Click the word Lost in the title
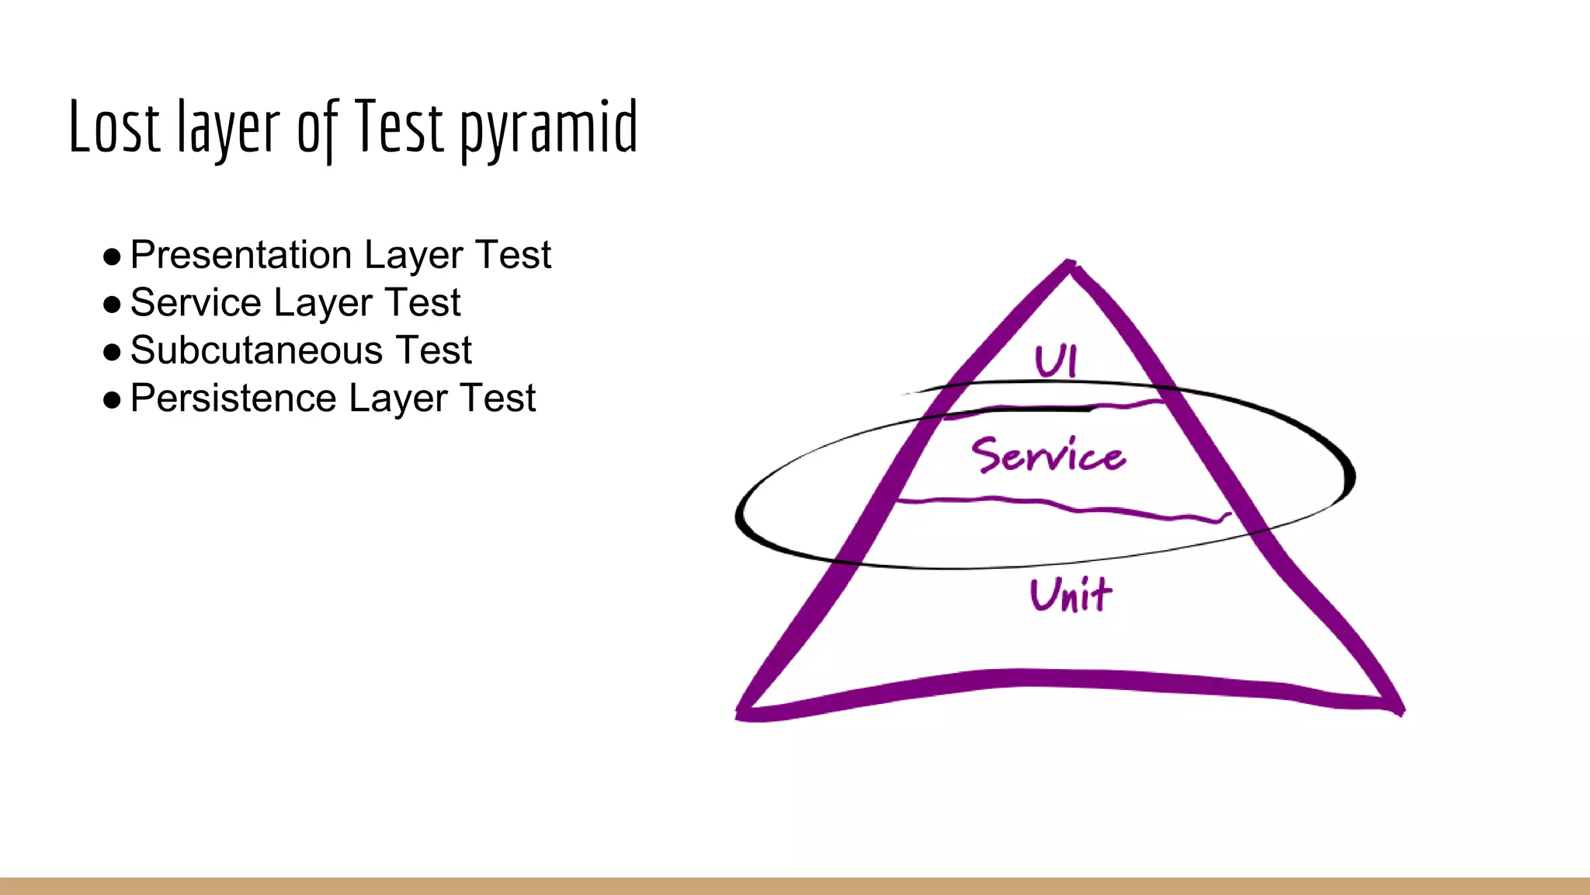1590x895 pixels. click(x=114, y=126)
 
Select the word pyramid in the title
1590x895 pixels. click(x=549, y=128)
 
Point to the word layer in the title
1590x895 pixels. click(x=228, y=128)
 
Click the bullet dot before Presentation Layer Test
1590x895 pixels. click(x=112, y=256)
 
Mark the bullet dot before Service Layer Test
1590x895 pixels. click(x=112, y=305)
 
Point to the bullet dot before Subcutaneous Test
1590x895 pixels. click(x=112, y=352)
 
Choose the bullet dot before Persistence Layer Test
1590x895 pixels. click(x=112, y=400)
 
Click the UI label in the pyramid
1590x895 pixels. click(x=1056, y=361)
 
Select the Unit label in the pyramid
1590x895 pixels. click(x=1071, y=596)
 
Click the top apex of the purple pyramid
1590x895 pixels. click(x=1070, y=265)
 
